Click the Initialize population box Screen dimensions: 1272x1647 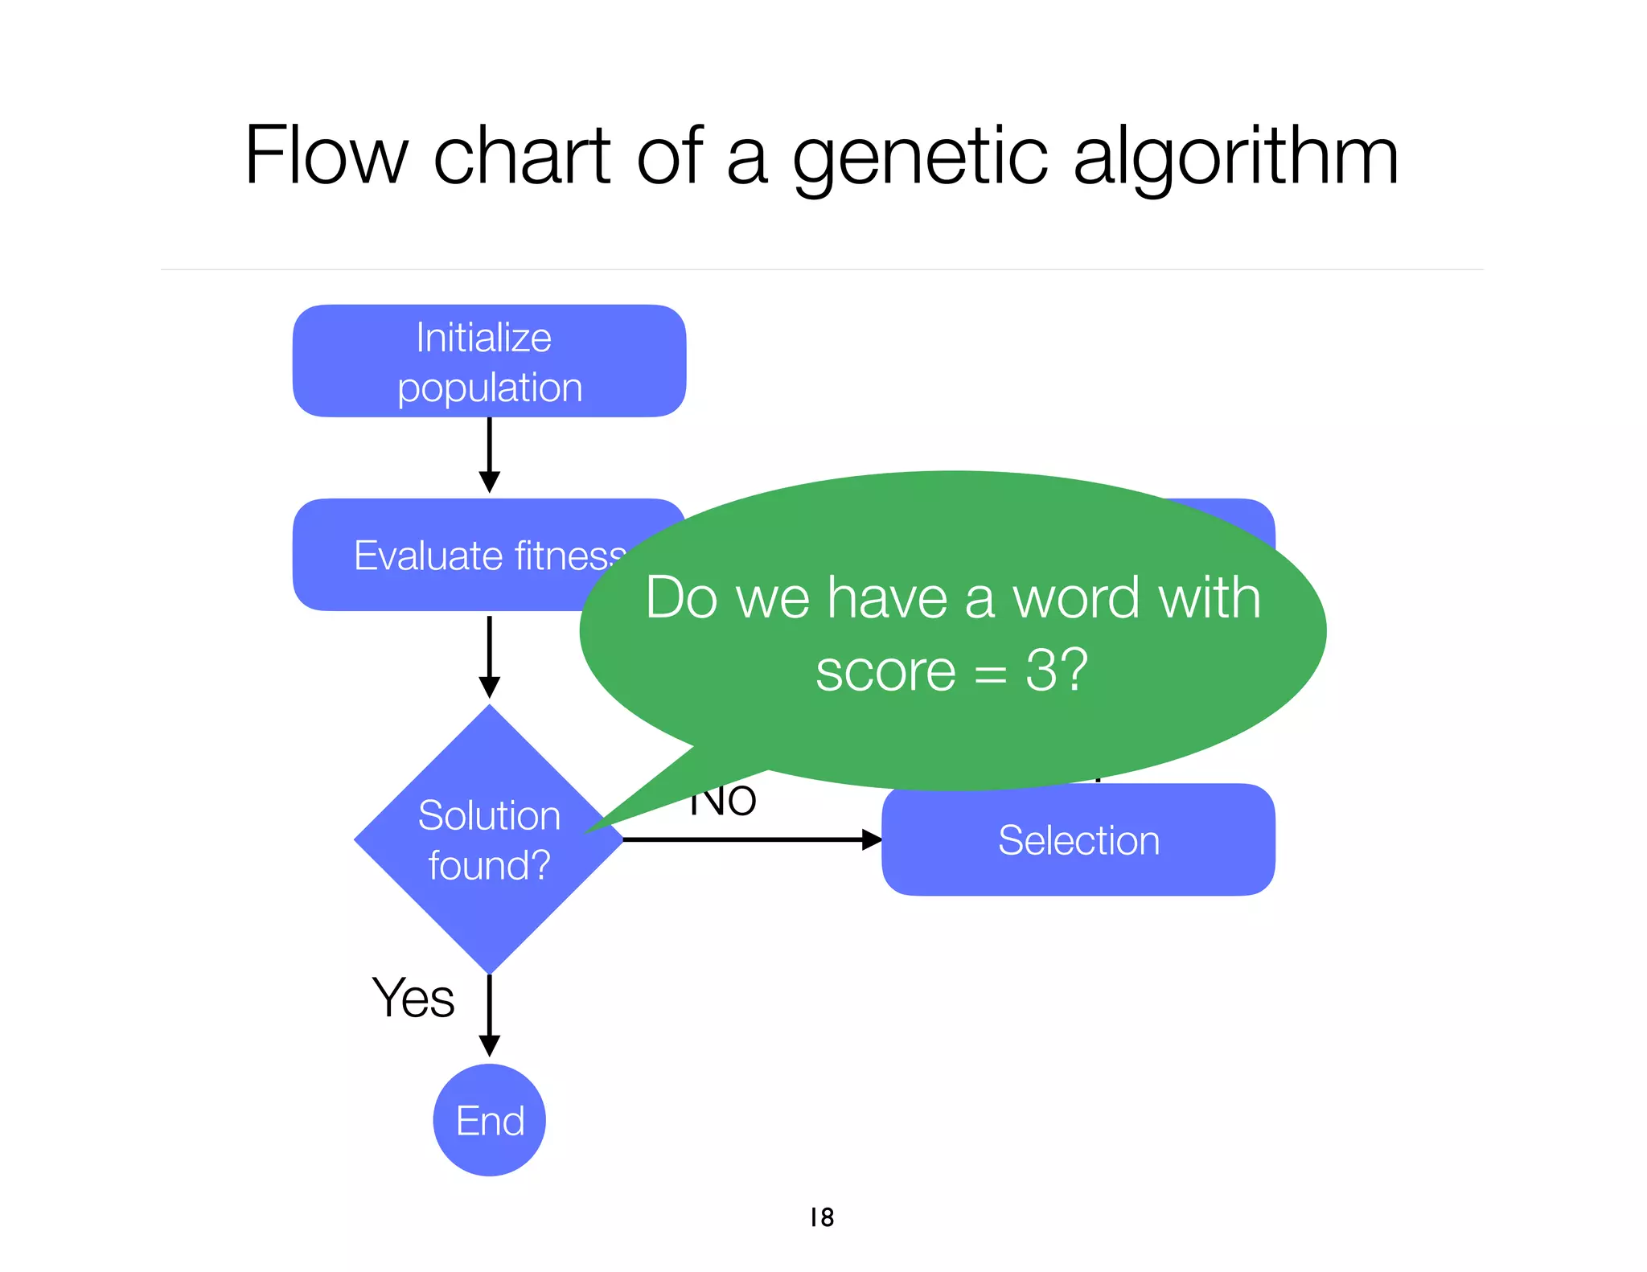click(489, 361)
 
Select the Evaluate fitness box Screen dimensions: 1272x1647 click(450, 555)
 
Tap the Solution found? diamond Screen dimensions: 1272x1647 click(489, 839)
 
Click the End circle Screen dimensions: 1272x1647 click(489, 1120)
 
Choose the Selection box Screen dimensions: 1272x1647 click(1078, 840)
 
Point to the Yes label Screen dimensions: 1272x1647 click(413, 998)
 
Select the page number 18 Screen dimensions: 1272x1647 click(822, 1217)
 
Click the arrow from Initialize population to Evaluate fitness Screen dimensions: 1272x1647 click(489, 455)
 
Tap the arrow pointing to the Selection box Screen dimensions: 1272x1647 click(752, 839)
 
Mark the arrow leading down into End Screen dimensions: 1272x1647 click(489, 1016)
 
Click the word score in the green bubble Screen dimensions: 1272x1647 click(885, 671)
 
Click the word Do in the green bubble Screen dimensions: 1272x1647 click(681, 598)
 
